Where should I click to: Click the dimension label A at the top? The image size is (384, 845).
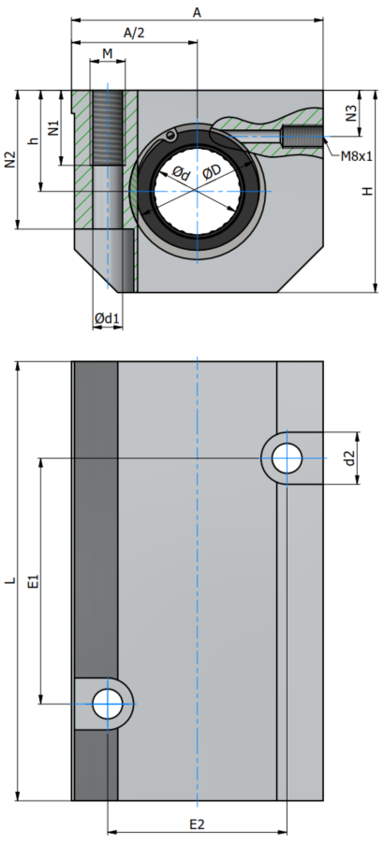[198, 12]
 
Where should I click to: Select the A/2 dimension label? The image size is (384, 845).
[134, 33]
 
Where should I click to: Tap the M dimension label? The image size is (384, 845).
[108, 53]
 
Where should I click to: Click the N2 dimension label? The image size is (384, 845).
[11, 159]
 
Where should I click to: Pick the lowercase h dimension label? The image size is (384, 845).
[34, 140]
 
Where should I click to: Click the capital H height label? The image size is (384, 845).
[367, 191]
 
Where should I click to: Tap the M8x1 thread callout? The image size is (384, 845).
[357, 157]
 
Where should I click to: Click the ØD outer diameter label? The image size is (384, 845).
[212, 171]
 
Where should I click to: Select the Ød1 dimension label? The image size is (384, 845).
[106, 319]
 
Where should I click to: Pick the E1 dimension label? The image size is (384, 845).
[34, 581]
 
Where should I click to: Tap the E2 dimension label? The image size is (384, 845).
[198, 824]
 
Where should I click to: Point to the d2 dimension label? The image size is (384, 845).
[350, 459]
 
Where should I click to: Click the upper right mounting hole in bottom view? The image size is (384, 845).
[287, 459]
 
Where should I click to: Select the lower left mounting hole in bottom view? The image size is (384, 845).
[108, 704]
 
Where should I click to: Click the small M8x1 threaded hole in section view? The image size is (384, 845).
[302, 137]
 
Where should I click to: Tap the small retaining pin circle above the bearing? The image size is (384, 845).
[171, 135]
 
